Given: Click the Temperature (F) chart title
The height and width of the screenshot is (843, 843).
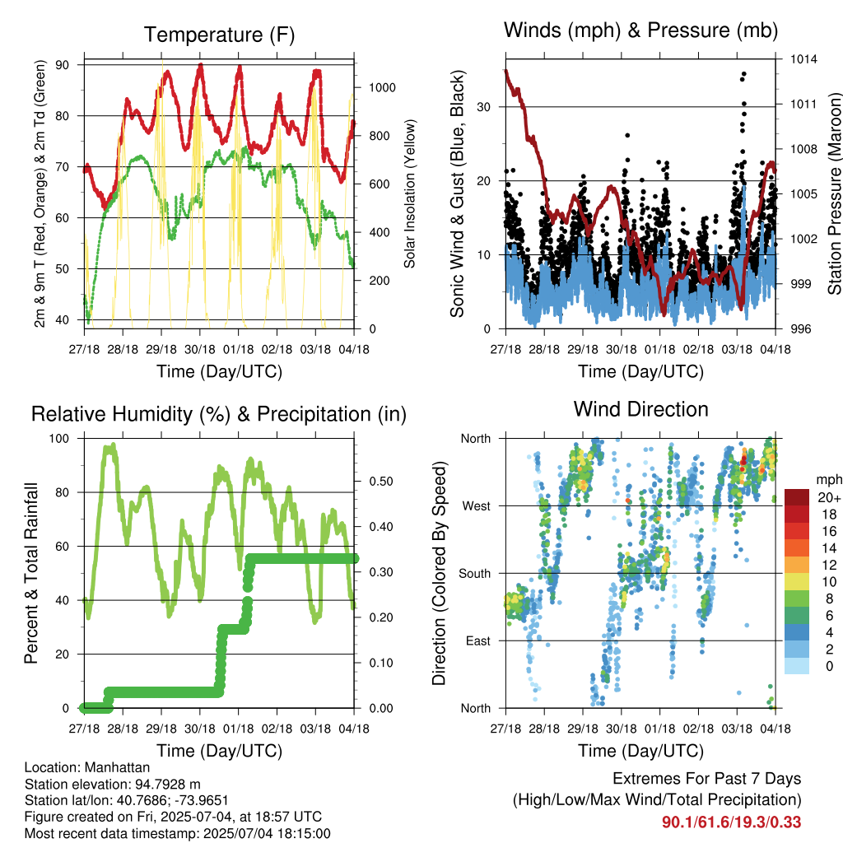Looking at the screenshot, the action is coord(219,35).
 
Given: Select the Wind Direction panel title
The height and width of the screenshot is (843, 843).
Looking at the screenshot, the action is coord(640,409).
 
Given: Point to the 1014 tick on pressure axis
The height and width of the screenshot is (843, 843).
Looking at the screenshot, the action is coord(803,59).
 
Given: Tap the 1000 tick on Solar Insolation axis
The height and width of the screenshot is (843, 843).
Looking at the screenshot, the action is coord(382,87).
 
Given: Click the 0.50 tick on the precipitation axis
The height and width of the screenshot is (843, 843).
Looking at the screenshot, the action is coord(381,481).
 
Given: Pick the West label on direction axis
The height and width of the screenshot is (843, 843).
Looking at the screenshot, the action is coord(477,506).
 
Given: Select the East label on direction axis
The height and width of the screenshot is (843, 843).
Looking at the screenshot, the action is coord(478,640).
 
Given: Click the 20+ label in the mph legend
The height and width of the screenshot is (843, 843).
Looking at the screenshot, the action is coord(829,497).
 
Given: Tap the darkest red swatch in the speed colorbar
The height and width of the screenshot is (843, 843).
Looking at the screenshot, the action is coord(797,497).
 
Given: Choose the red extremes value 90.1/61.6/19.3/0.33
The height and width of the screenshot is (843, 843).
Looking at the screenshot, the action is coord(731,822).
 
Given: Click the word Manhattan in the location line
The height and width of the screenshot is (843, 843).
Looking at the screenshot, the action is coord(117,767).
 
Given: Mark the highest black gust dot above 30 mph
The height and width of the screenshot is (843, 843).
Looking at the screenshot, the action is coord(743,73).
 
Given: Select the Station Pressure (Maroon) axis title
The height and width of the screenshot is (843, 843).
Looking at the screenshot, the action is coord(834,193).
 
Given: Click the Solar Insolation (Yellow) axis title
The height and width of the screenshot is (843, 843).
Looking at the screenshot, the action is coord(410,193).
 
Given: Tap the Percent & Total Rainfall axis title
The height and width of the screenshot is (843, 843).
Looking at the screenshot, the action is coord(31,573).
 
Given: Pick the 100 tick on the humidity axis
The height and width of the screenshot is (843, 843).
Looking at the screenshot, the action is coord(59,438).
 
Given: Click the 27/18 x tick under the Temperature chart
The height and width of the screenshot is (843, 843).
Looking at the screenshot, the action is coord(85,349).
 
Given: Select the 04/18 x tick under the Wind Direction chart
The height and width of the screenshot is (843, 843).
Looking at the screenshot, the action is coord(775,729).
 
